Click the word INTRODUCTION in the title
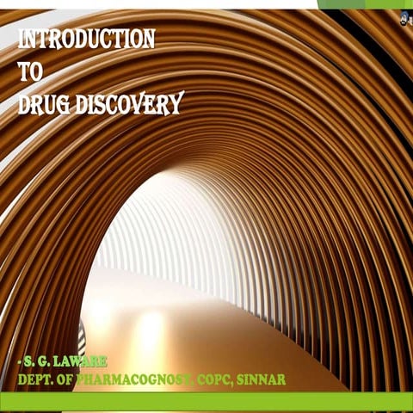point(86,40)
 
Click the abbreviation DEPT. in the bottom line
point(35,379)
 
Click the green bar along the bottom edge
point(206,402)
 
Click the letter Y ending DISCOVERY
point(176,105)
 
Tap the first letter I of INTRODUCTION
point(21,40)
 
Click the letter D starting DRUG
point(24,104)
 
